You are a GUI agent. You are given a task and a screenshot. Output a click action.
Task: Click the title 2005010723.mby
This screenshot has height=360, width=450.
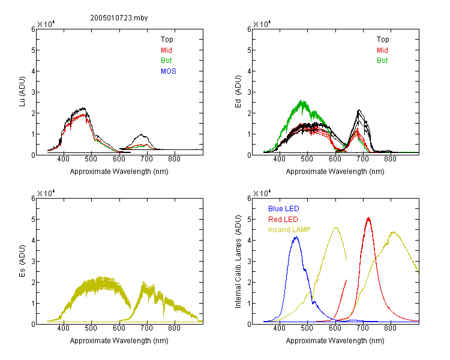[x=119, y=18]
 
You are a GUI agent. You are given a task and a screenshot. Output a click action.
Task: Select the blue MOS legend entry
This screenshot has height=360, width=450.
[x=169, y=71]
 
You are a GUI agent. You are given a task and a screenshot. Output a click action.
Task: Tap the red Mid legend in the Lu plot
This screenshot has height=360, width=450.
[x=166, y=50]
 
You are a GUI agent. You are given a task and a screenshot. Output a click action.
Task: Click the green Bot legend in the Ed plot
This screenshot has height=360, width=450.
[x=382, y=61]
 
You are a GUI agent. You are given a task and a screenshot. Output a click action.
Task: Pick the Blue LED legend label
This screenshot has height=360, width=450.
[x=284, y=209]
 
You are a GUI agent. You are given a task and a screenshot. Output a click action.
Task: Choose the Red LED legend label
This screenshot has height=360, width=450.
[x=283, y=220]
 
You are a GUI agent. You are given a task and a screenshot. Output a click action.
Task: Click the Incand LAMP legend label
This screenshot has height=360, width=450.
[x=289, y=230]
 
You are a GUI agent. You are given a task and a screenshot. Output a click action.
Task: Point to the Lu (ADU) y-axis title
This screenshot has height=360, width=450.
[x=22, y=92]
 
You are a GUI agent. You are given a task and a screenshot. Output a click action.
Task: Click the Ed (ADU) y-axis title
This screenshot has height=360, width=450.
[x=238, y=92]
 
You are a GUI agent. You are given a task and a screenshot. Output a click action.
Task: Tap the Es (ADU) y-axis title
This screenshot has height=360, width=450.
[x=22, y=261]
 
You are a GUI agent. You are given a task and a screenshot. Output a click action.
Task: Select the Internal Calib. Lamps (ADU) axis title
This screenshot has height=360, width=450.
[x=238, y=262]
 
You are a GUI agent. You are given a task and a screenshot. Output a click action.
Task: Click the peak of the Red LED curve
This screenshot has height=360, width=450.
[x=368, y=218]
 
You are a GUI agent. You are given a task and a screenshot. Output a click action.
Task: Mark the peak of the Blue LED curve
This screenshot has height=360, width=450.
[x=296, y=236]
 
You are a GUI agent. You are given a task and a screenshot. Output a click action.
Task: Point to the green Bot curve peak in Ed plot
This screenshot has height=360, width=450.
[x=302, y=100]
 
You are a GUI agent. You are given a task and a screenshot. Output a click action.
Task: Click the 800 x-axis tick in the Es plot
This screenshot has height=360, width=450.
[x=174, y=328]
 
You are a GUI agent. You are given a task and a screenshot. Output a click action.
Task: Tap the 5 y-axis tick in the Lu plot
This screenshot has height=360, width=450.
[x=34, y=50]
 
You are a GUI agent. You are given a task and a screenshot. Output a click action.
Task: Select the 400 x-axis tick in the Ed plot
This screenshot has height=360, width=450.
[x=279, y=159]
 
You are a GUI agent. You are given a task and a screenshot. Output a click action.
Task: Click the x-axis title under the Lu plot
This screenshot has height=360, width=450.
[x=119, y=172]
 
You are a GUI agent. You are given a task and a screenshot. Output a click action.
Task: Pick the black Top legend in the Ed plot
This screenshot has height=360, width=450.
[x=383, y=40]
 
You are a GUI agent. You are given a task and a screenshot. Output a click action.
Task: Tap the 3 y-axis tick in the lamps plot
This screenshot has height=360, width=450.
[x=249, y=261]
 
